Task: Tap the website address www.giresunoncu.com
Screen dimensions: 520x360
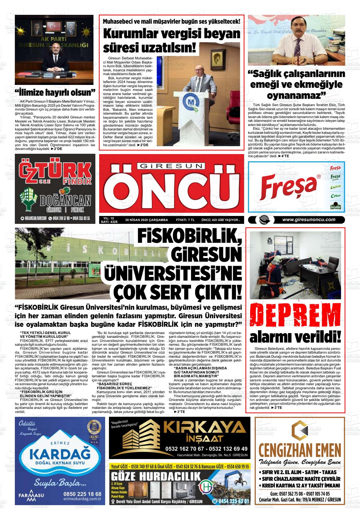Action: click(309, 220)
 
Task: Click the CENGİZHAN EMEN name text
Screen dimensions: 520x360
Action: click(299, 450)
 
